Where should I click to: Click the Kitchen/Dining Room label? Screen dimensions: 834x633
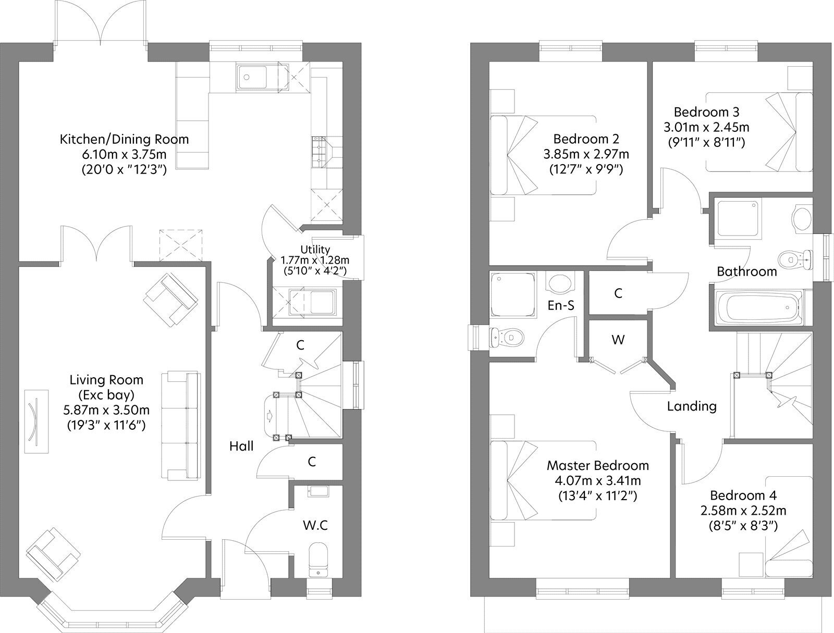click(x=124, y=139)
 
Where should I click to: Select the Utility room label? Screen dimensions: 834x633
click(x=315, y=250)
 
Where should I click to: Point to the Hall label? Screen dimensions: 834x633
click(x=241, y=446)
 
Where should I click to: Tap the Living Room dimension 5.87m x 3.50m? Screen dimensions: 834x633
click(x=106, y=410)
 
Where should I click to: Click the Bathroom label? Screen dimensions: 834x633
click(x=746, y=271)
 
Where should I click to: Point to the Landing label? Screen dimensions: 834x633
click(x=692, y=406)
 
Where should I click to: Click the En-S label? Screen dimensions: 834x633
click(x=561, y=305)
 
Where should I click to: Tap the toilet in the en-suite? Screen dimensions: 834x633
click(x=507, y=337)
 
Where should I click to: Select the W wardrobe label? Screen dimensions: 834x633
click(x=618, y=340)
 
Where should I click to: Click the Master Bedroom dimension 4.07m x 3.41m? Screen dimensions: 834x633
click(x=598, y=481)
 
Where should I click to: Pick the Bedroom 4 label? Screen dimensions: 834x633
click(x=743, y=495)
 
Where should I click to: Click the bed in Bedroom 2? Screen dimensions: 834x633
click(x=543, y=155)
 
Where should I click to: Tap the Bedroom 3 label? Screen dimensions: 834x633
click(x=707, y=112)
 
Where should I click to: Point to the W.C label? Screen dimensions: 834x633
click(x=315, y=525)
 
